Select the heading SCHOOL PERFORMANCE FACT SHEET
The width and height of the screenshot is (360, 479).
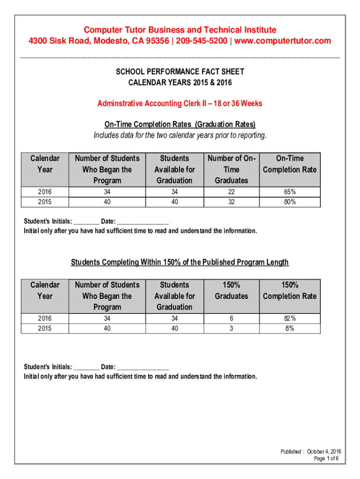coord(180,72)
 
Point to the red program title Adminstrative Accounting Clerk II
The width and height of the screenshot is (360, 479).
coord(152,103)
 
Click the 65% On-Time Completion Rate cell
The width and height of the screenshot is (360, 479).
coord(289,192)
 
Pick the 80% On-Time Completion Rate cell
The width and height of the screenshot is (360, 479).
coord(289,202)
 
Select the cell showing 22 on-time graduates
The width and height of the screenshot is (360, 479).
coord(231,192)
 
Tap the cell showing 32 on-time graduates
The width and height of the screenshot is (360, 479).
coord(231,202)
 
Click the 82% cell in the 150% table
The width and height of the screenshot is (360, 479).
coord(289,319)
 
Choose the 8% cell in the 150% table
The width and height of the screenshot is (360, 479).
coord(289,328)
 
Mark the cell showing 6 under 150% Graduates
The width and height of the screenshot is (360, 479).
coord(231,319)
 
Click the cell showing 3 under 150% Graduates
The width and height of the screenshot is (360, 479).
coord(231,328)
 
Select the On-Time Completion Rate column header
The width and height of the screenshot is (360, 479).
coord(289,164)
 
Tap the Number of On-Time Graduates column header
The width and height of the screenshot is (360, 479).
coord(231,169)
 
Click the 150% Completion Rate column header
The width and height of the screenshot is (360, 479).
coord(289,290)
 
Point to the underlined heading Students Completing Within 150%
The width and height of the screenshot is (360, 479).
coord(180,262)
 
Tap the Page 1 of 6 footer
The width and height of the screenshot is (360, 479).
coord(326,459)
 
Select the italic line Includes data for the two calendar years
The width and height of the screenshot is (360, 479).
coord(180,136)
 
